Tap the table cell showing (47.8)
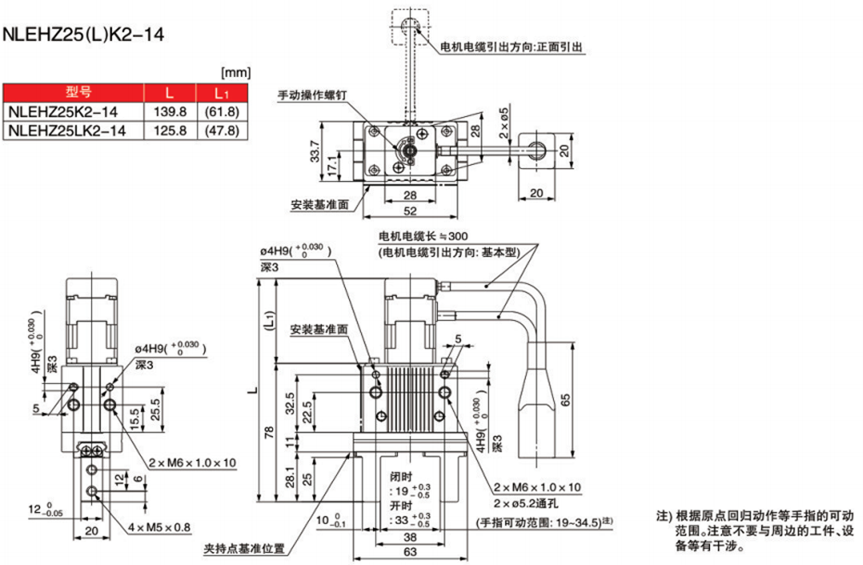[x=221, y=131]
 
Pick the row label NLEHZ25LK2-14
[x=66, y=131]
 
